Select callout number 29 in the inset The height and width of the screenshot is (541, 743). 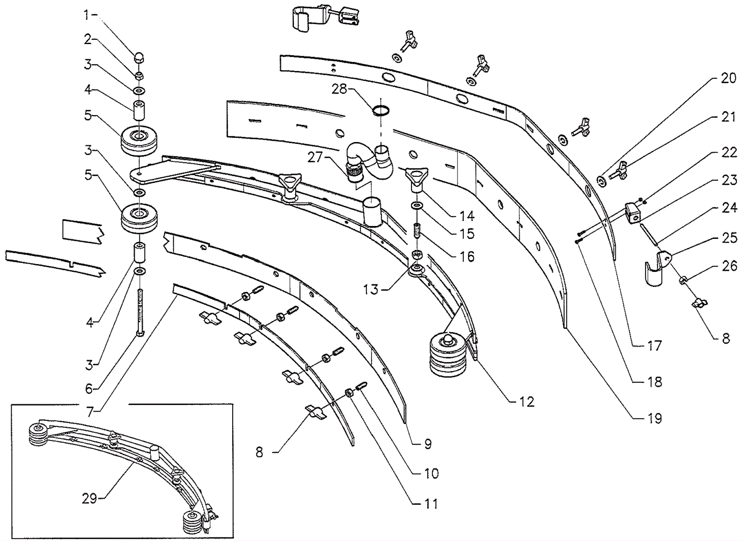tap(90, 499)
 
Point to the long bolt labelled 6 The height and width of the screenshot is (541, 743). tap(140, 313)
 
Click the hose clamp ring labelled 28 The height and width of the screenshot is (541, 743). tap(380, 110)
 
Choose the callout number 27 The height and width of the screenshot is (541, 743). tap(315, 158)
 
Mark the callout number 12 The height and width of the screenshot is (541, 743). tap(527, 402)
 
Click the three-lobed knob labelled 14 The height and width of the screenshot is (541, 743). tap(416, 179)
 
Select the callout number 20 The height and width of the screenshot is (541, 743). tap(729, 78)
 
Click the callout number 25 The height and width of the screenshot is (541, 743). tap(729, 238)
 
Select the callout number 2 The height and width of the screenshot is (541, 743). tap(88, 39)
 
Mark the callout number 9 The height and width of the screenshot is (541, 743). tap(428, 444)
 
